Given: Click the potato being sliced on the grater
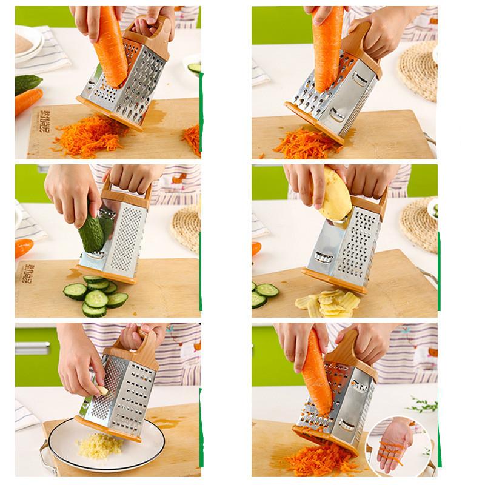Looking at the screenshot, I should click(335, 193).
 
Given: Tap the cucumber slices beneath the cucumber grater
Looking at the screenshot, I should click(97, 295).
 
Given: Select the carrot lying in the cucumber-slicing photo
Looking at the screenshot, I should click(24, 247).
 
